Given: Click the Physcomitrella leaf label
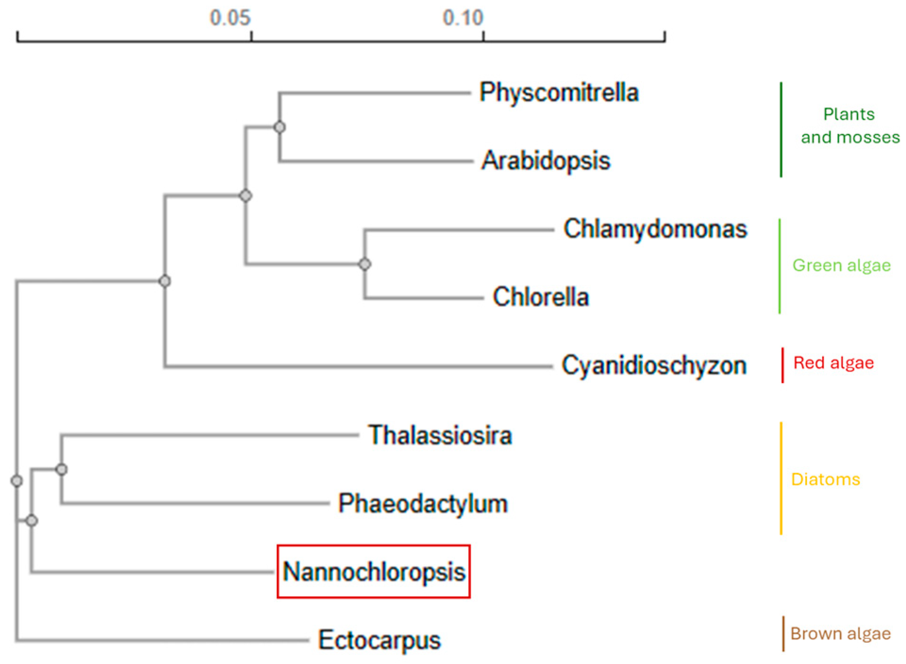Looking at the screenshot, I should pyautogui.click(x=559, y=92).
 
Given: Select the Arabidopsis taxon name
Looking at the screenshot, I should pyautogui.click(x=546, y=160).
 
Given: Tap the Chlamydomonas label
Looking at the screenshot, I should pyautogui.click(x=655, y=229).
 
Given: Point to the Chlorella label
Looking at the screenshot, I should pyautogui.click(x=540, y=297).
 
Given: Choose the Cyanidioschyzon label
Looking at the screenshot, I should pyautogui.click(x=654, y=365).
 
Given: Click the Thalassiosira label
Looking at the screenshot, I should pyautogui.click(x=440, y=435).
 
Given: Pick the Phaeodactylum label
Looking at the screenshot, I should pyautogui.click(x=423, y=503).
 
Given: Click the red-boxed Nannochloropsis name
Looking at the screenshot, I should pyautogui.click(x=374, y=572).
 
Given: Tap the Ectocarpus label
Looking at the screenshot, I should pyautogui.click(x=379, y=640).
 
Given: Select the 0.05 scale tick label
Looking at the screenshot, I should pyautogui.click(x=230, y=18).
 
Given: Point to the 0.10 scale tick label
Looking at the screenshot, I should pyautogui.click(x=463, y=18).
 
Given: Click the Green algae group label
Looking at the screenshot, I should pyautogui.click(x=841, y=265).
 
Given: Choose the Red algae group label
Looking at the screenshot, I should pyautogui.click(x=833, y=363).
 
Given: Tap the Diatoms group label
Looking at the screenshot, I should pyautogui.click(x=825, y=479).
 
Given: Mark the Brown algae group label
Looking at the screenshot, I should pyautogui.click(x=840, y=633).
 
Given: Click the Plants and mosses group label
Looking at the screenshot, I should pyautogui.click(x=850, y=125).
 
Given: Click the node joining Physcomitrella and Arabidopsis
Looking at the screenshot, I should pyautogui.click(x=280, y=127).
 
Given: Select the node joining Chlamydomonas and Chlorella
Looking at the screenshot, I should pyautogui.click(x=365, y=264).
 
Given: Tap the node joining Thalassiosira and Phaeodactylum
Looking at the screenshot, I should pyautogui.click(x=61, y=469).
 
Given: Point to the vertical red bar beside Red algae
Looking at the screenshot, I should pyautogui.click(x=782, y=365).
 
